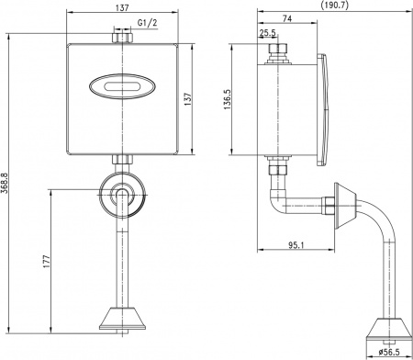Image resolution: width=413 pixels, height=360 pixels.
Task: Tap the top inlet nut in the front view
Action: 120,38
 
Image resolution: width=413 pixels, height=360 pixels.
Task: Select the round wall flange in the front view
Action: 120,194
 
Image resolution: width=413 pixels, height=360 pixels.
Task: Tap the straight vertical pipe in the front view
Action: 120,262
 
